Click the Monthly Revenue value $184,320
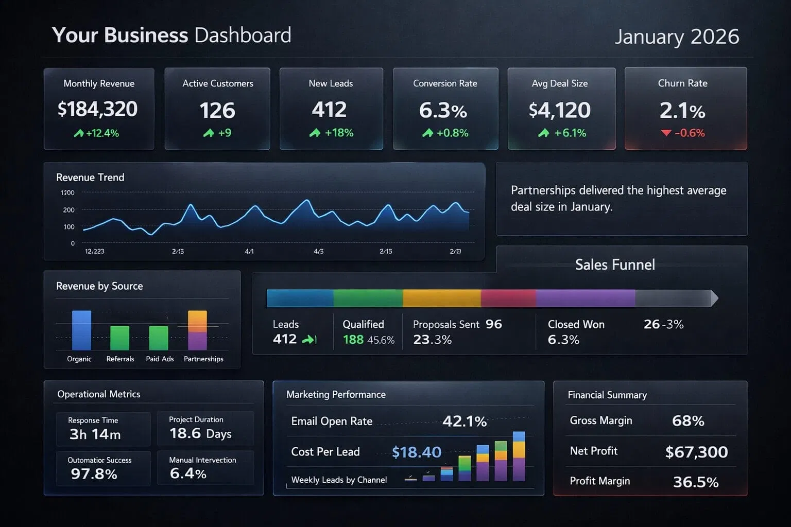tap(98, 109)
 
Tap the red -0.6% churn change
tap(683, 133)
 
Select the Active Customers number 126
tap(217, 111)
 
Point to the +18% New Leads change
tap(332, 133)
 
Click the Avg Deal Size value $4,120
tap(560, 110)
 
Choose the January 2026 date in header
tap(677, 37)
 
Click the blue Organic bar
tap(81, 330)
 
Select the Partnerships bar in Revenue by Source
tap(197, 330)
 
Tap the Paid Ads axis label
tap(160, 359)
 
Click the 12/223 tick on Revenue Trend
tap(94, 251)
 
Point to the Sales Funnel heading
tap(615, 265)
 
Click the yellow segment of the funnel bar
tap(441, 298)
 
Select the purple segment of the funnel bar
tap(585, 298)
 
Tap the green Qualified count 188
tap(353, 340)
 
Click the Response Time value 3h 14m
tap(95, 434)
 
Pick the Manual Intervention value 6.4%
tap(188, 473)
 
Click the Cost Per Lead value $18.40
tap(417, 452)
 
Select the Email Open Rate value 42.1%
tap(465, 421)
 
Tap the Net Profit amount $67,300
tap(696, 452)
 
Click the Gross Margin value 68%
tap(688, 421)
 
